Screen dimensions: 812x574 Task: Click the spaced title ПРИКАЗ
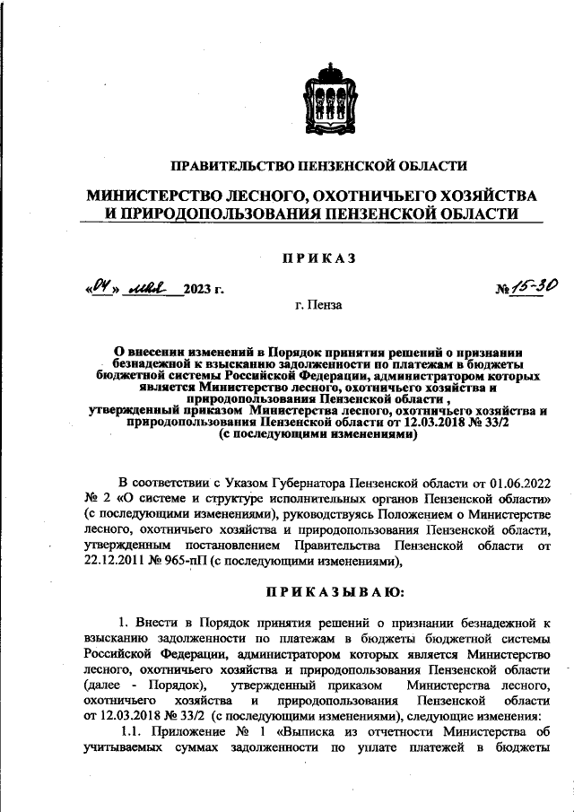pyautogui.click(x=319, y=258)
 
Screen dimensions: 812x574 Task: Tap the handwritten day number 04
pyautogui.click(x=96, y=287)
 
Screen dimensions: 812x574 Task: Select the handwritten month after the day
pyautogui.click(x=148, y=287)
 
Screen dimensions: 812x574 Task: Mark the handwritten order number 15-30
pyautogui.click(x=536, y=286)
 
